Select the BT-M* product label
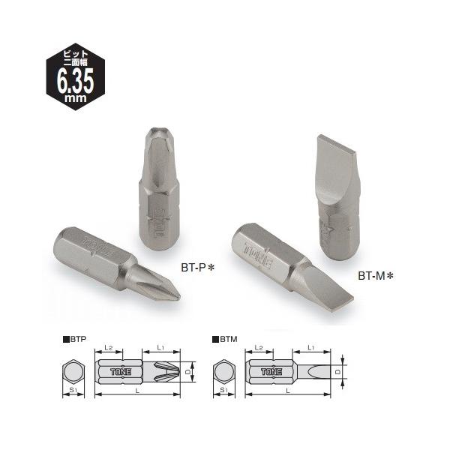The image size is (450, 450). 376,276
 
